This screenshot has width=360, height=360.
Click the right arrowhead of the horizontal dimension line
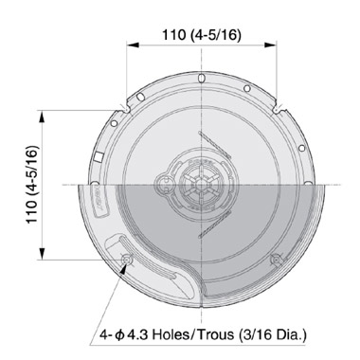point(277,53)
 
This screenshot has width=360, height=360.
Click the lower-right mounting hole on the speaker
point(275,259)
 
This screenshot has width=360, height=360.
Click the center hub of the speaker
point(203,184)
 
